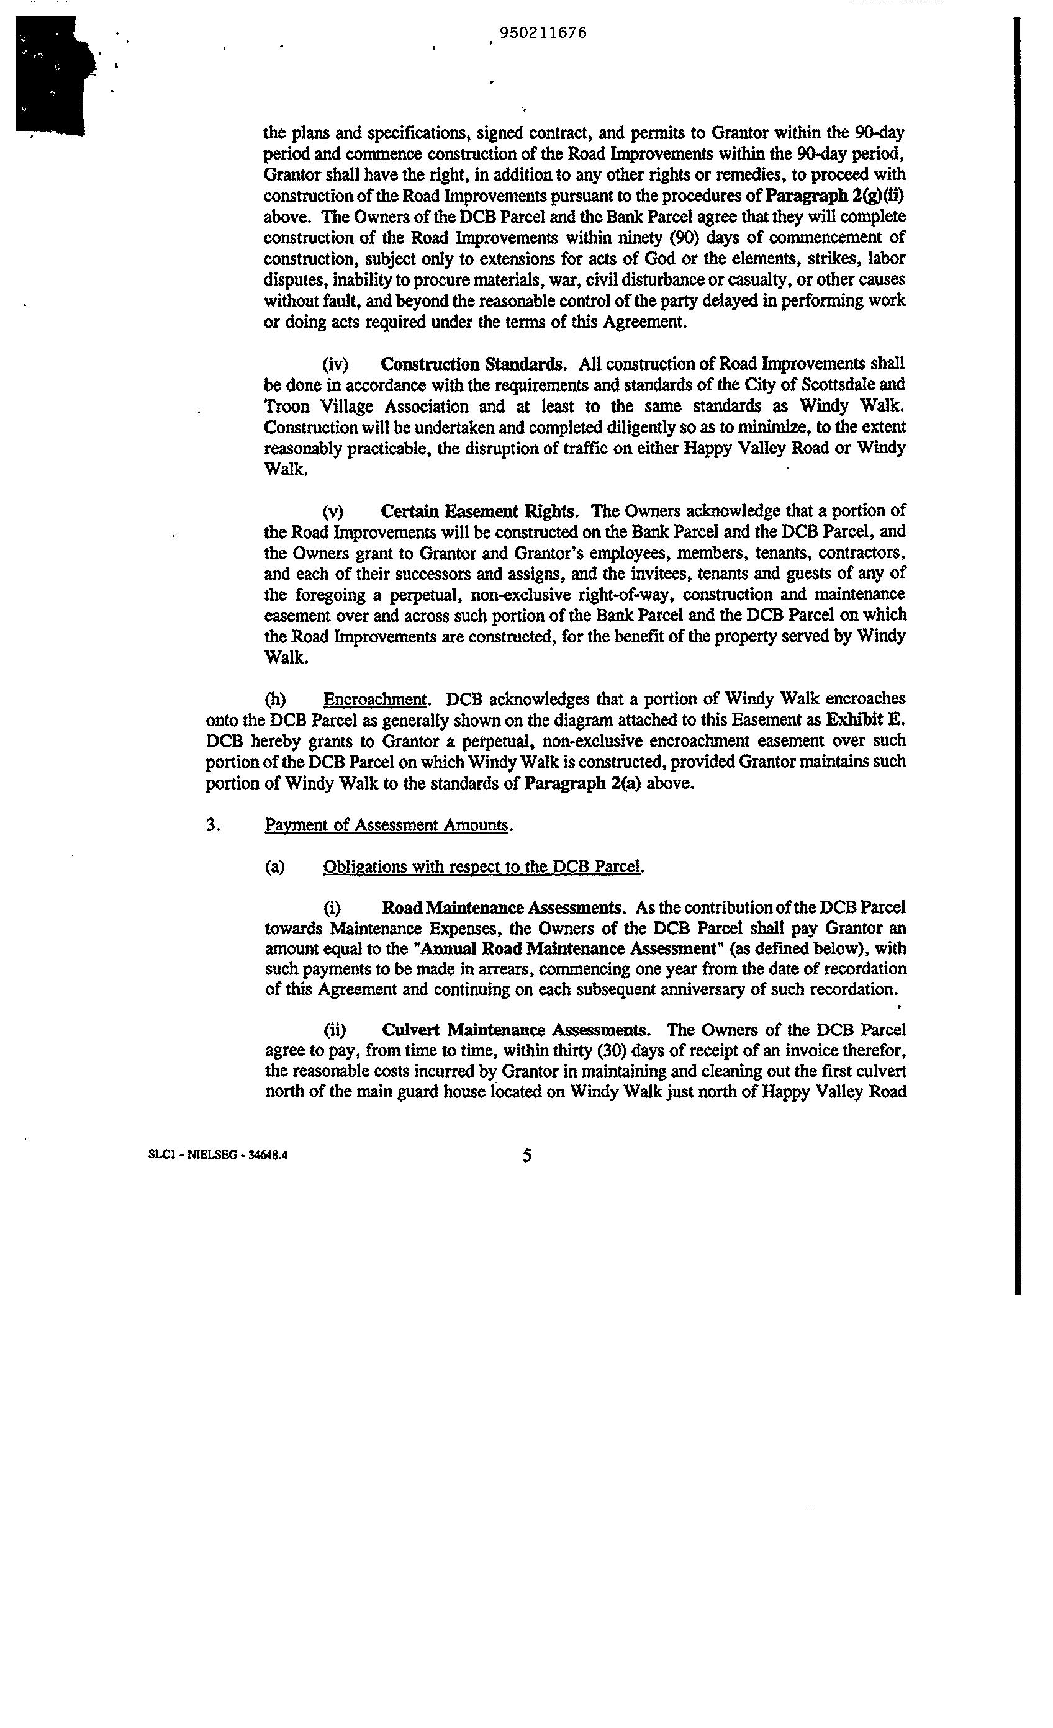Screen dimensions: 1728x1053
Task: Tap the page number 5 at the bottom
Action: tap(527, 1156)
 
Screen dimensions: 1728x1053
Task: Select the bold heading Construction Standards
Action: tap(472, 364)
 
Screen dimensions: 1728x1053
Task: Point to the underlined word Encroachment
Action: tap(374, 699)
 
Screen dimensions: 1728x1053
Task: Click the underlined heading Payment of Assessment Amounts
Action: tap(387, 826)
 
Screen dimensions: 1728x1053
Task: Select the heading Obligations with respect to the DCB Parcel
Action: tap(482, 867)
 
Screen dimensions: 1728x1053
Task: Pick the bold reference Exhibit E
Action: tap(866, 719)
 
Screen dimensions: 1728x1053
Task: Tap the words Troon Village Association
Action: tap(366, 407)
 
